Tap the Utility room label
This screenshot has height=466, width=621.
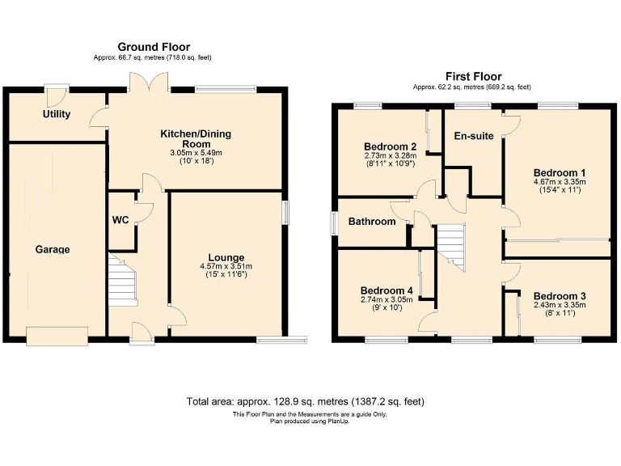[57, 114]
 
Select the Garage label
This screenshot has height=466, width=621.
[52, 250]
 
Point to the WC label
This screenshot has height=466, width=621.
[119, 220]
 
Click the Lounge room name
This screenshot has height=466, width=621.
[226, 257]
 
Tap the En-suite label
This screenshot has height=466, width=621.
[474, 136]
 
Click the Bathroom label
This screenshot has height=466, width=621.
[372, 222]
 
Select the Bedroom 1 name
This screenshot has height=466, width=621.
[560, 172]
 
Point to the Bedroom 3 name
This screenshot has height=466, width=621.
[560, 296]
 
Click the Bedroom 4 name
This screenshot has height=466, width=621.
[387, 290]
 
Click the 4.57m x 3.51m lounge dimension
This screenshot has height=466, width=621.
[226, 267]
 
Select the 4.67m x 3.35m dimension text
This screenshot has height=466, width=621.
[560, 183]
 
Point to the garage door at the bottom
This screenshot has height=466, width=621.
[57, 334]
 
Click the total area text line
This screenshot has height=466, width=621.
[305, 401]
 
